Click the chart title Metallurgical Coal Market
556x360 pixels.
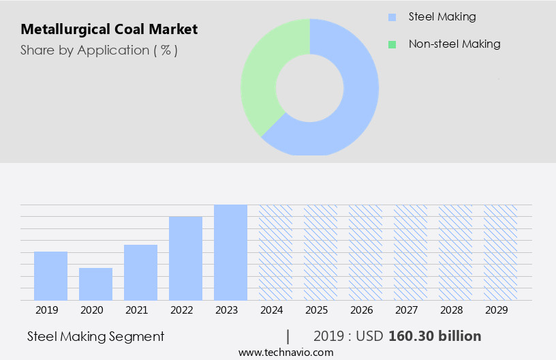point(109,29)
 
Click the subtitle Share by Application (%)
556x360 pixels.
point(99,50)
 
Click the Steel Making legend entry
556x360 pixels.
point(442,16)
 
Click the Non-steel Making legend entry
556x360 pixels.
point(454,44)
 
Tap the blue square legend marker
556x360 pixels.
point(392,17)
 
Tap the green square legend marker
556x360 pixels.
point(392,44)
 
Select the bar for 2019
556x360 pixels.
point(50,276)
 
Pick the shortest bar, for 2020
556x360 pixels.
point(95,284)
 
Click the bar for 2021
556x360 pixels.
point(140,273)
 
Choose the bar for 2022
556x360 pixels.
point(185,258)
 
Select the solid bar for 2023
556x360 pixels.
point(230,252)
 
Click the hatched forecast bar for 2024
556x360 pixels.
point(275,252)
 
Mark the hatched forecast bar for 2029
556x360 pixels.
point(500,252)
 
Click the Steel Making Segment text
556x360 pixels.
point(96,336)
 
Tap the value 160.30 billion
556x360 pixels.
point(435,336)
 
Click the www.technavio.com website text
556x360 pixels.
point(286,352)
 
